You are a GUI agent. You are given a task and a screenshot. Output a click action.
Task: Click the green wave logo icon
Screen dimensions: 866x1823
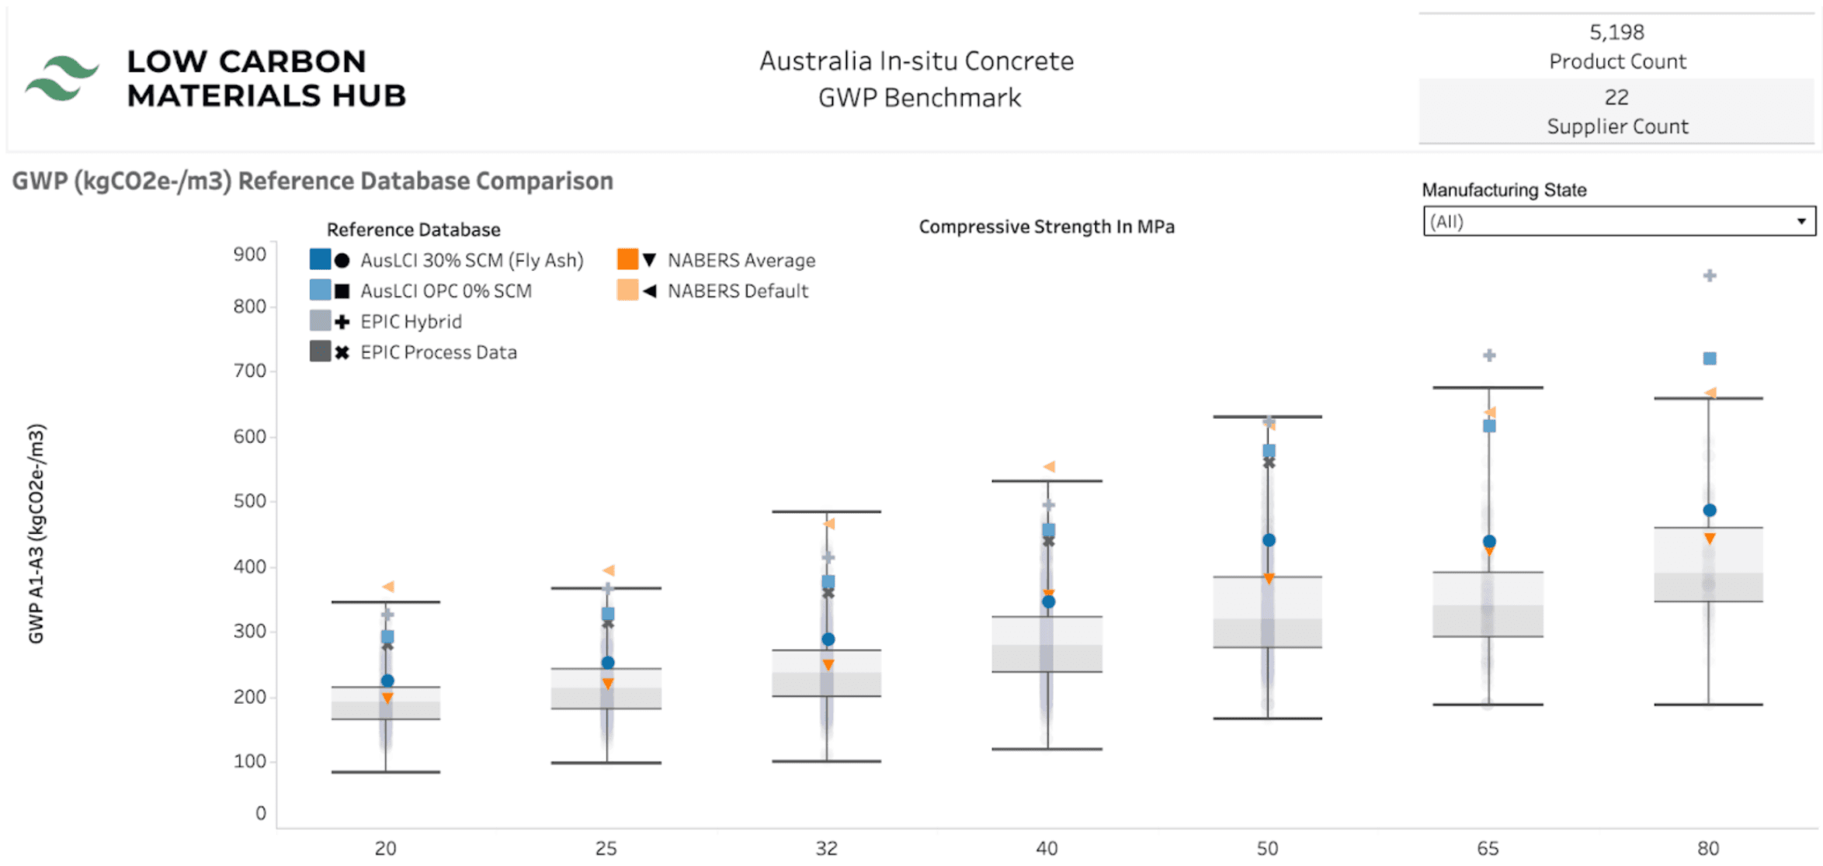(61, 78)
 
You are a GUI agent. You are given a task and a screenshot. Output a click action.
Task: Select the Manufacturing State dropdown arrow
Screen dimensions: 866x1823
(1800, 221)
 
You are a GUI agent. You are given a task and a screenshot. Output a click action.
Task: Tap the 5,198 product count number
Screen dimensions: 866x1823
(1616, 33)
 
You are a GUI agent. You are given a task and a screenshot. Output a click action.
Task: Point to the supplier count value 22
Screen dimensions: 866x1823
(1616, 98)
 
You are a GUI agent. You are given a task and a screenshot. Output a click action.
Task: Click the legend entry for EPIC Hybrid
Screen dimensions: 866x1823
(411, 321)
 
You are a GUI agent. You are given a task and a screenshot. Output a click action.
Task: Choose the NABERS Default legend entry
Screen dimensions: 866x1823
(738, 291)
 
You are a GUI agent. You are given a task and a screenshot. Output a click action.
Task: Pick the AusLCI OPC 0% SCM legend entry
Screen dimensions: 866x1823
(446, 291)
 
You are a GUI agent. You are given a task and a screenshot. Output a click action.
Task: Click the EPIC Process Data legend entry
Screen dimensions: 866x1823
(438, 352)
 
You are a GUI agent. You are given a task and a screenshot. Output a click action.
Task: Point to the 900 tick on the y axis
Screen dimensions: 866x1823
(250, 255)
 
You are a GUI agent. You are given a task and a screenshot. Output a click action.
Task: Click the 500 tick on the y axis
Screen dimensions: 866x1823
(250, 501)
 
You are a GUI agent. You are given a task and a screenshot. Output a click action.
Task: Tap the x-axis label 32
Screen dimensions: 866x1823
(827, 848)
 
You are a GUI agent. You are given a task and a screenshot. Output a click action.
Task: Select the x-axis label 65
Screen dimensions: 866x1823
(1488, 848)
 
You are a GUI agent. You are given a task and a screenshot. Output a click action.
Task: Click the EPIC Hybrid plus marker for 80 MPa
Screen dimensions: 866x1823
(1710, 275)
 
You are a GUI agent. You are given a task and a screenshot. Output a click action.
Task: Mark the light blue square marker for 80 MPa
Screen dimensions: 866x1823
(1710, 359)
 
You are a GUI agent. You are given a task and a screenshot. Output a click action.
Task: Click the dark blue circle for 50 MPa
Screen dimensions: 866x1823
(1269, 540)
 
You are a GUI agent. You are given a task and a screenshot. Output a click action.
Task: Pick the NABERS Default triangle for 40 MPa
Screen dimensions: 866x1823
(1049, 466)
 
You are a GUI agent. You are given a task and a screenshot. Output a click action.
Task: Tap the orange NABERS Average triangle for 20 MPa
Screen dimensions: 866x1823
(387, 698)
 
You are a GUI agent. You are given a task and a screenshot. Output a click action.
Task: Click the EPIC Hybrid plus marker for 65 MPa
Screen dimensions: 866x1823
(1489, 355)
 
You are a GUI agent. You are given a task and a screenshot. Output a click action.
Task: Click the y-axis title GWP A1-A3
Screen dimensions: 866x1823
(36, 533)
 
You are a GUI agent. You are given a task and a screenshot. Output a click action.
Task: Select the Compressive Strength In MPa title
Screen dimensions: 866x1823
(1046, 227)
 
